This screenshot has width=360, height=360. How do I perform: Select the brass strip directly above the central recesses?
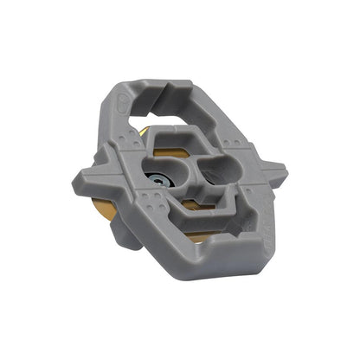[186, 141]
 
